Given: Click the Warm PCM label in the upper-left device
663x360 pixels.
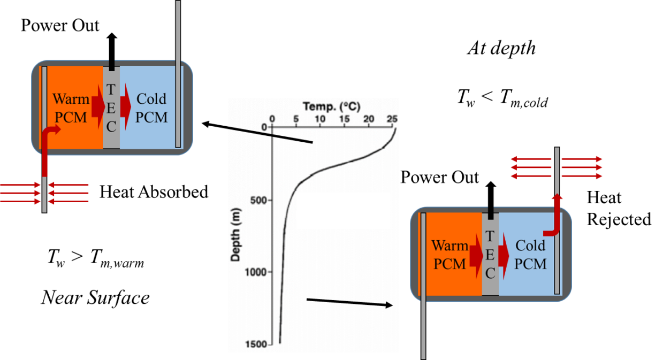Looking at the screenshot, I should pos(71,108).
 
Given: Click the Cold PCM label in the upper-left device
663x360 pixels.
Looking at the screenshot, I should pos(151,108).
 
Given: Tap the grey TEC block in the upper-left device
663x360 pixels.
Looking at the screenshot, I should pos(111,108).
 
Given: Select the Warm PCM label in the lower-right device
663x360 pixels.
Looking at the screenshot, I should pos(449,255).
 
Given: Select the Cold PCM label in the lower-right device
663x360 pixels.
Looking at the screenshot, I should pos(530,255).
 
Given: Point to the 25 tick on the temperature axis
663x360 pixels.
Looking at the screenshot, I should pos(392,118).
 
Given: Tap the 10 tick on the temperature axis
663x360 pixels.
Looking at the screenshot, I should pos(320,118).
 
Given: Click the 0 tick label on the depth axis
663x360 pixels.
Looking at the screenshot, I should pos(264,127).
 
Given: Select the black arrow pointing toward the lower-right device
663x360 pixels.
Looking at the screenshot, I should pos(349,303).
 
